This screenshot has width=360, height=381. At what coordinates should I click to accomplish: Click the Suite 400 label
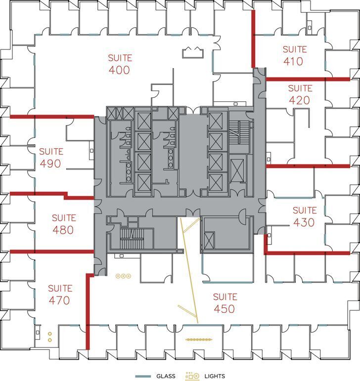pyautogui.click(x=119, y=64)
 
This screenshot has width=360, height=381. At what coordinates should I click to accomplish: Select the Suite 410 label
pyautogui.click(x=295, y=55)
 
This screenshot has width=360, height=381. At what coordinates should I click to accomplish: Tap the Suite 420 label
pyautogui.click(x=300, y=94)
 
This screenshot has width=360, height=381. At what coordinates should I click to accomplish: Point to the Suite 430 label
pyautogui.click(x=304, y=216)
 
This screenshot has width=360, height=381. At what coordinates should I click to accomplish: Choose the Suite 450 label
pyautogui.click(x=225, y=303)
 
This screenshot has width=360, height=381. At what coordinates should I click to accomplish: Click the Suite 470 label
pyautogui.click(x=60, y=294)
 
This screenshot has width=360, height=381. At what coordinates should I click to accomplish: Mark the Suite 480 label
pyautogui.click(x=63, y=224)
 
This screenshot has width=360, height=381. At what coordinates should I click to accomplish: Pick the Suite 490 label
pyautogui.click(x=50, y=157)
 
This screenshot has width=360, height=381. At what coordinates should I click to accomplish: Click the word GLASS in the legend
pyautogui.click(x=166, y=376)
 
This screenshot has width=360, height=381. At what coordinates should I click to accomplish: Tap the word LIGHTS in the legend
pyautogui.click(x=214, y=376)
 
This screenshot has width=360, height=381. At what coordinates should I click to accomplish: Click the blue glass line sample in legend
pyautogui.click(x=143, y=376)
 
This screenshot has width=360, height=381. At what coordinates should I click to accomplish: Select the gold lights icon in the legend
pyautogui.click(x=192, y=376)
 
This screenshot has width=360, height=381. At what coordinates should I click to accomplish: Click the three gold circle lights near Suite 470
pyautogui.click(x=123, y=276)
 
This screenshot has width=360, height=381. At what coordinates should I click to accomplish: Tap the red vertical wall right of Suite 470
pyautogui.click(x=88, y=311)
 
